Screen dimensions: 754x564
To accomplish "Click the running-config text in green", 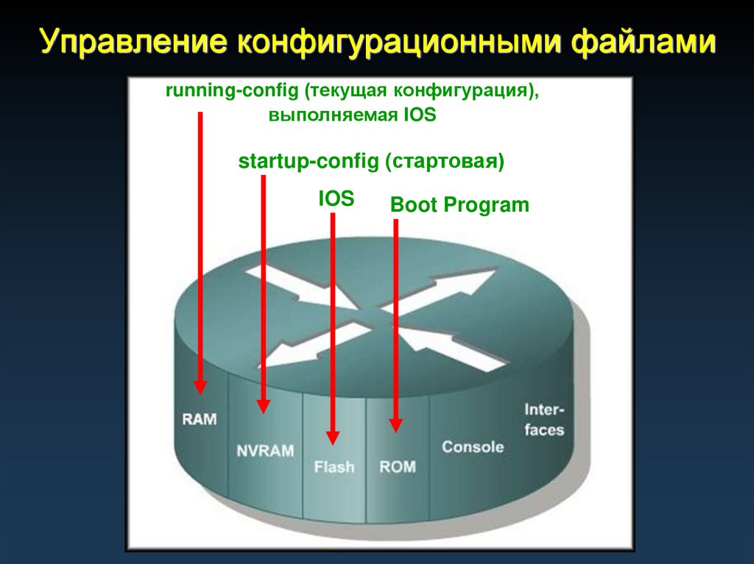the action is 230,92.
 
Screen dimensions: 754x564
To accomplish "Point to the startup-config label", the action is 308,162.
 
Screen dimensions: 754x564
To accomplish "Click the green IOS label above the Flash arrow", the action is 336,199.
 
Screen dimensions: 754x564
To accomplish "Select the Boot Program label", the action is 459,204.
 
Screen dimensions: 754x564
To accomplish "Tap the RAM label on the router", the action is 200,419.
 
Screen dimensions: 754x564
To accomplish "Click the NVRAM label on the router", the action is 266,450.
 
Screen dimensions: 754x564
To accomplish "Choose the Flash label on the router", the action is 334,466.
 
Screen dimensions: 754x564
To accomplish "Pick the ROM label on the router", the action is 397,466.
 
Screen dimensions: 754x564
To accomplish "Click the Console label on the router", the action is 473,446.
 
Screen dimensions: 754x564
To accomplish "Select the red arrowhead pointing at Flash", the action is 333,437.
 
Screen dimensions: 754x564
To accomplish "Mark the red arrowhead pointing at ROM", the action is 396,424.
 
